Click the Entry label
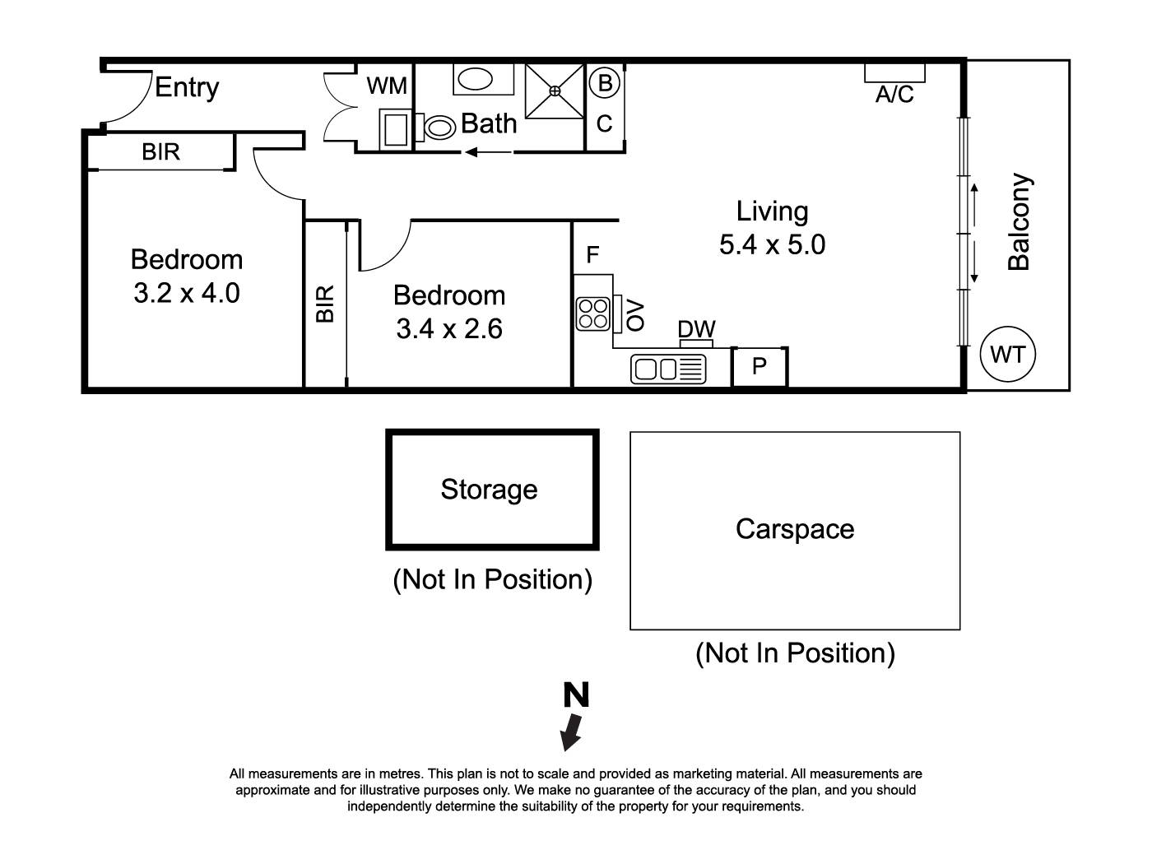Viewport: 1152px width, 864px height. [x=187, y=88]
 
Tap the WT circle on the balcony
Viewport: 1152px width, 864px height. [x=1007, y=355]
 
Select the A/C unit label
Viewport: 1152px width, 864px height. [x=894, y=95]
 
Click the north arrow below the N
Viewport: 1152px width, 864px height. [x=571, y=732]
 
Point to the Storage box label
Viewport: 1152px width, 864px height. [x=489, y=490]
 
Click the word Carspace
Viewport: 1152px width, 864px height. [x=794, y=529]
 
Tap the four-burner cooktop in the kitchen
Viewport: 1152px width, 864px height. [x=592, y=314]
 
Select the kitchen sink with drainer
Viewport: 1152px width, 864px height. [x=668, y=369]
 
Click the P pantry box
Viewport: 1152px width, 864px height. [x=759, y=366]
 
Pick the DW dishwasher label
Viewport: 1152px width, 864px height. [x=696, y=329]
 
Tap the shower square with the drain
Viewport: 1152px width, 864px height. [x=555, y=91]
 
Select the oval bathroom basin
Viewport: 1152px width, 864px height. [x=474, y=79]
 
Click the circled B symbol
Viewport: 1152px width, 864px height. [x=605, y=83]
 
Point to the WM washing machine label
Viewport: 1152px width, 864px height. [x=387, y=86]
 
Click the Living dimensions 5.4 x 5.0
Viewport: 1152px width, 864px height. [x=772, y=244]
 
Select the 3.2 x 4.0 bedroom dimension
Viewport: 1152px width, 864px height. [x=187, y=293]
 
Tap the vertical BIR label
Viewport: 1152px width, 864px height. [x=325, y=304]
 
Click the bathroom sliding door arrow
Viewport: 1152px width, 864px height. [x=488, y=151]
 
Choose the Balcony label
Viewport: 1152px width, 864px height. [x=1019, y=222]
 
